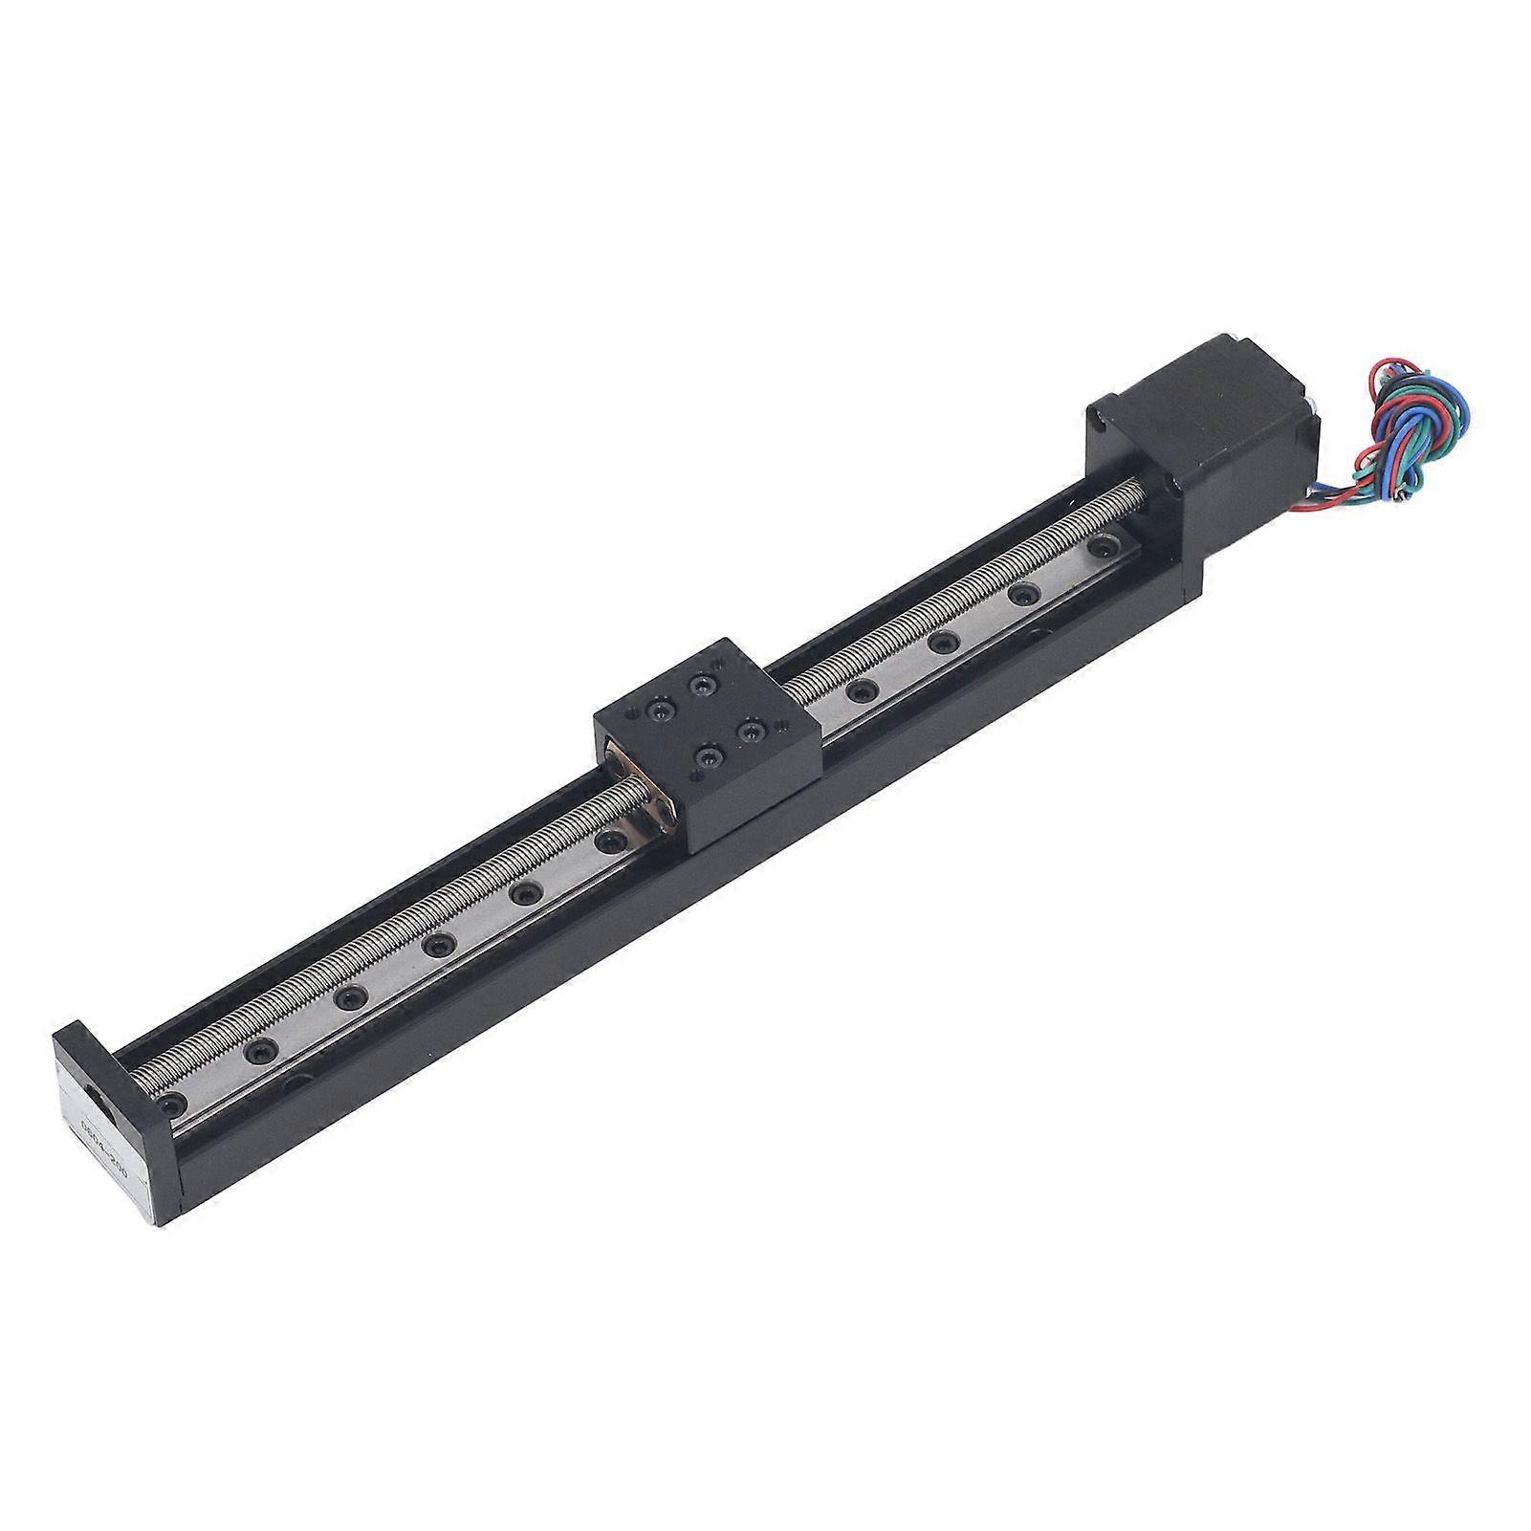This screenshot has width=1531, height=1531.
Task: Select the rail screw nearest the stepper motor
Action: click(1105, 548)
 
